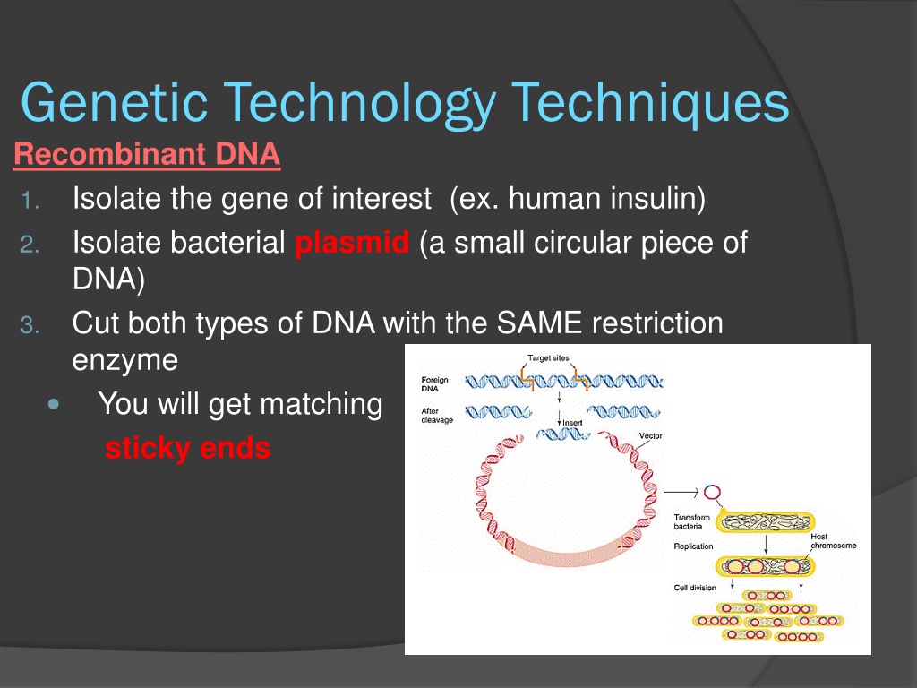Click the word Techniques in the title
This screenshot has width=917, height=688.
(650, 103)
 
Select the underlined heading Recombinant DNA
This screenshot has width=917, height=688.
(147, 154)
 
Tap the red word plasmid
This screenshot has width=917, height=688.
(352, 243)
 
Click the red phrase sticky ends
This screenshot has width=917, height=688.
(188, 448)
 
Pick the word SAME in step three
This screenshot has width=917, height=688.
(539, 322)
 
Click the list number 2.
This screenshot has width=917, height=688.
(30, 245)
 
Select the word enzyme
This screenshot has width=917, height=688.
(125, 361)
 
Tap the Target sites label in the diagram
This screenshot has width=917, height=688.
(548, 358)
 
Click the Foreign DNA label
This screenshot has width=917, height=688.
(434, 384)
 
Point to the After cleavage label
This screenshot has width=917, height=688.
(437, 416)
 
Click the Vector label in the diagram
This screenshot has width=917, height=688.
(650, 436)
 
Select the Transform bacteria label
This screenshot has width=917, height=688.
(691, 522)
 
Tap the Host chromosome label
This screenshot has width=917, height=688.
(834, 541)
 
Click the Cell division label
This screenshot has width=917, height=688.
(695, 588)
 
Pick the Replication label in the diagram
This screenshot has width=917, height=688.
(694, 546)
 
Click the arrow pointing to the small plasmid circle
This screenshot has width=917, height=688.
(681, 493)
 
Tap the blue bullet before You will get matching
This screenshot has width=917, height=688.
(55, 404)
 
